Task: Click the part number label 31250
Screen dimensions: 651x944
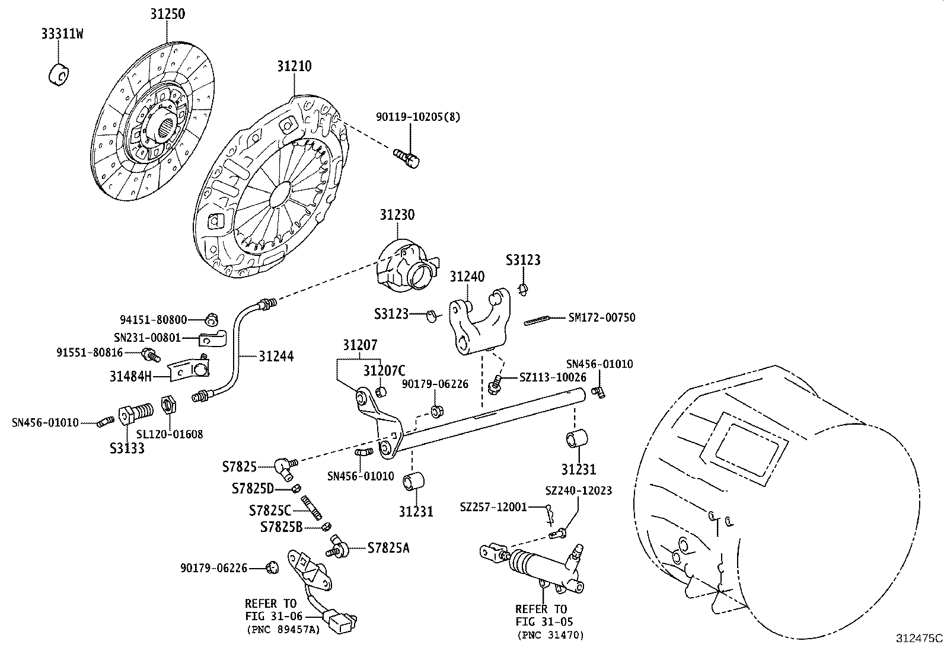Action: click(x=166, y=14)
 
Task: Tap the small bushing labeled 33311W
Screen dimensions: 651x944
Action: click(x=58, y=73)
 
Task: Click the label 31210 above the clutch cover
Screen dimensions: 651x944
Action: click(x=294, y=66)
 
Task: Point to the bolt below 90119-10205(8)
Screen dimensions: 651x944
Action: click(x=407, y=157)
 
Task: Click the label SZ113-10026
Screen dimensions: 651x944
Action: click(x=552, y=377)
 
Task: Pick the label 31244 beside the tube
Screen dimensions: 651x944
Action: click(x=276, y=356)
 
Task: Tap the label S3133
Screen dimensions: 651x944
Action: click(x=126, y=448)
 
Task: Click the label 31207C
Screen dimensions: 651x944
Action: click(x=384, y=371)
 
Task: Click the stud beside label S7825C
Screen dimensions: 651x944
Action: click(x=311, y=508)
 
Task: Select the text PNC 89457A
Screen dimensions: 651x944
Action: click(x=283, y=630)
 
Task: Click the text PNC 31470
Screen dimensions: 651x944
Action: click(x=550, y=636)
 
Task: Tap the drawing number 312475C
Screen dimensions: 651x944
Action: click(x=919, y=639)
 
